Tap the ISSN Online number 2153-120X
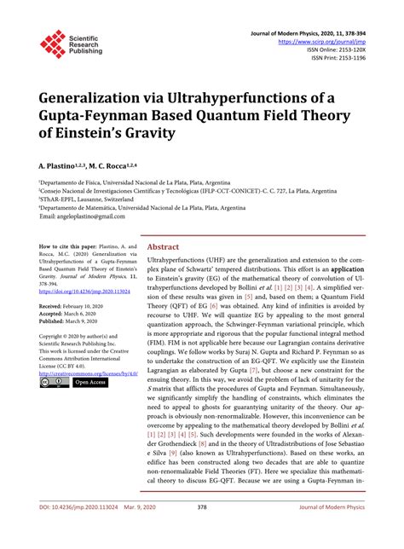(349, 49)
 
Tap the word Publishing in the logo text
(86, 51)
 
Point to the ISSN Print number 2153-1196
(350, 57)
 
